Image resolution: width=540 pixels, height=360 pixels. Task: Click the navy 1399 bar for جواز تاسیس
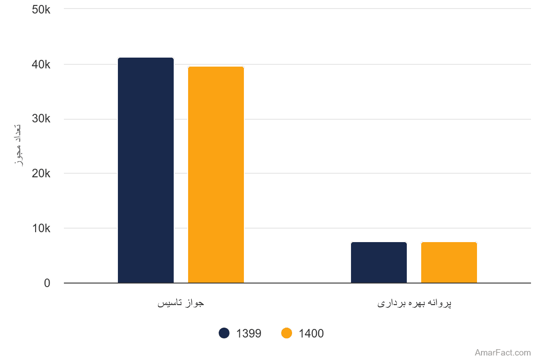(x=146, y=170)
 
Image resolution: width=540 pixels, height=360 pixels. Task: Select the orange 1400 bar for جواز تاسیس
(x=216, y=175)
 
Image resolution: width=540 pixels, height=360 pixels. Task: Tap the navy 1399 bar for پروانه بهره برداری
(x=379, y=262)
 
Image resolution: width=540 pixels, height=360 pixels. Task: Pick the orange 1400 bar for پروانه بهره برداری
(x=449, y=262)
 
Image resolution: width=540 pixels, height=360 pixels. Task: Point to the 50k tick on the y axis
(x=41, y=10)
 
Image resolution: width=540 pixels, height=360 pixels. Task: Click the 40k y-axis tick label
(x=41, y=65)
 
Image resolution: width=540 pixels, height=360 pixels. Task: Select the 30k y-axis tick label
(x=41, y=119)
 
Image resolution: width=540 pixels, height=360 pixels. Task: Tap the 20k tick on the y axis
(x=41, y=174)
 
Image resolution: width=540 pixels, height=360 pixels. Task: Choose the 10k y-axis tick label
(x=41, y=228)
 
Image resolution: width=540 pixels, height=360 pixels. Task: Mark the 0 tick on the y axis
(x=47, y=283)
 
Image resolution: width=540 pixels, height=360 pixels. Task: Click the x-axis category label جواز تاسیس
(x=181, y=303)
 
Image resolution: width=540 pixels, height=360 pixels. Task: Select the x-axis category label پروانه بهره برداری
(x=414, y=303)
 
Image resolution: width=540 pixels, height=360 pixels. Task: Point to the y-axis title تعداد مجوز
(x=18, y=145)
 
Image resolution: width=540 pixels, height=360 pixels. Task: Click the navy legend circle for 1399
(x=224, y=333)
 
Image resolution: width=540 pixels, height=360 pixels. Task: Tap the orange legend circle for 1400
(x=287, y=333)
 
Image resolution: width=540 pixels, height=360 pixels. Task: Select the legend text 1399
(x=248, y=333)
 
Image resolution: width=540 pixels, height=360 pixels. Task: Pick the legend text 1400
(x=311, y=333)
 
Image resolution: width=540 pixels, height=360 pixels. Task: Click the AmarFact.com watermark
(x=503, y=352)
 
